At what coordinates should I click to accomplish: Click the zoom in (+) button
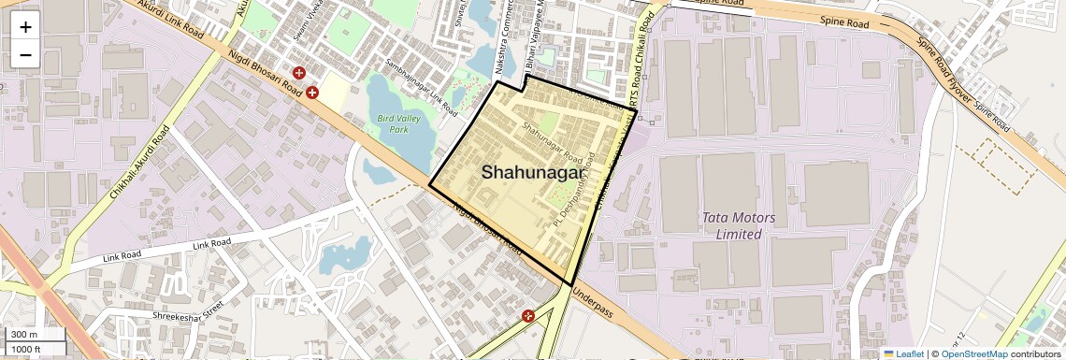click(25, 26)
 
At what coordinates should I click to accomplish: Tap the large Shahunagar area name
click(534, 172)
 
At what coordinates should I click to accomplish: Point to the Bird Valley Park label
click(399, 124)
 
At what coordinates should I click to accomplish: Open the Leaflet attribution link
click(903, 353)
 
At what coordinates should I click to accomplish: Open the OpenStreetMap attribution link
click(973, 353)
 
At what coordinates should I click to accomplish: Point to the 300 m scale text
click(24, 335)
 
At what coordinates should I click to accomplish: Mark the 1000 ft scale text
click(27, 349)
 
